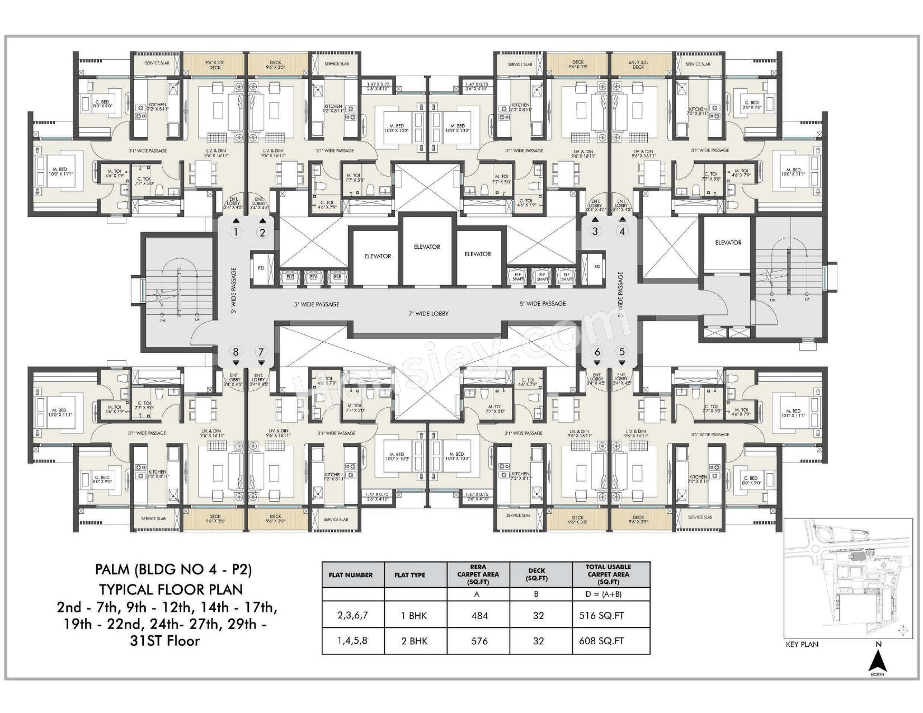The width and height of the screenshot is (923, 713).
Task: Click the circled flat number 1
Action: tap(236, 232)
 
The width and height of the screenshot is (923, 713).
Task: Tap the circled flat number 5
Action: tap(621, 352)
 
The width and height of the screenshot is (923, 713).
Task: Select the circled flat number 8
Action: tap(236, 352)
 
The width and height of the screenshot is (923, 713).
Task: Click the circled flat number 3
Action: tap(595, 231)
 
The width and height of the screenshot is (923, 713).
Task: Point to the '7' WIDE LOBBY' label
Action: tap(428, 314)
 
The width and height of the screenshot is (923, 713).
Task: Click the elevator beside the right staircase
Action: tap(728, 243)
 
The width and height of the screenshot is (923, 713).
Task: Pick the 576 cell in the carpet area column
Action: tap(479, 641)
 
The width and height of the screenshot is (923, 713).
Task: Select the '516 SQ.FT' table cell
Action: tap(602, 616)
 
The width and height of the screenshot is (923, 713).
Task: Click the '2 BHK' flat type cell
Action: tap(414, 641)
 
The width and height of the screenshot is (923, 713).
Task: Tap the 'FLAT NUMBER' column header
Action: tap(351, 575)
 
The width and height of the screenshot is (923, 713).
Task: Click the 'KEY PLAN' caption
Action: tap(802, 644)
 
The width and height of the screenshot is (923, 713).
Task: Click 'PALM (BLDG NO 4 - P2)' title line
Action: tap(173, 570)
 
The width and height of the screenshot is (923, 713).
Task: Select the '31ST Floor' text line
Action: tap(164, 641)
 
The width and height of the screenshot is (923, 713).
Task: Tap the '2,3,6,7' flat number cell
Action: tap(352, 615)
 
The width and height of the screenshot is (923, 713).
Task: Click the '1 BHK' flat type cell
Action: tap(414, 616)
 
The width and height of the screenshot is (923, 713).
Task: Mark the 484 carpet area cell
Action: tap(479, 616)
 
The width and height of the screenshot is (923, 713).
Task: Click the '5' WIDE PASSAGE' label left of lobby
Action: tap(317, 305)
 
